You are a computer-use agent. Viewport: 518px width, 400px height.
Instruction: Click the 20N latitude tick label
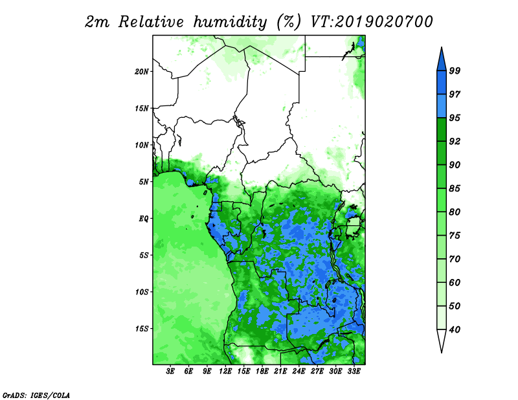click(x=142, y=72)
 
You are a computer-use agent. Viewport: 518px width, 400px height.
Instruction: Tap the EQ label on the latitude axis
click(x=143, y=219)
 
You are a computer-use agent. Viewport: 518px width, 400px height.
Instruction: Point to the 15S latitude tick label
click(x=142, y=329)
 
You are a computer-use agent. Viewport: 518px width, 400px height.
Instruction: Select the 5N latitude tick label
click(x=144, y=182)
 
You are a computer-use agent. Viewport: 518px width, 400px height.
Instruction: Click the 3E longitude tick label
click(x=170, y=372)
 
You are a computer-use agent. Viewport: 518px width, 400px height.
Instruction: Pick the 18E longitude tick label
click(x=262, y=372)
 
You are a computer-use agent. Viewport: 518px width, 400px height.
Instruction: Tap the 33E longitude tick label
click(x=354, y=372)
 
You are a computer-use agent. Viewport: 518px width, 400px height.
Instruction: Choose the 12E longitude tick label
click(x=225, y=372)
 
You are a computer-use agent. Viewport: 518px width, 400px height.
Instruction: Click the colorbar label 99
click(x=455, y=71)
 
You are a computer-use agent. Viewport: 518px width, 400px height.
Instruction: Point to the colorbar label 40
click(x=455, y=329)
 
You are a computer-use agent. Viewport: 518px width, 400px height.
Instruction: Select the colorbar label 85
click(x=455, y=188)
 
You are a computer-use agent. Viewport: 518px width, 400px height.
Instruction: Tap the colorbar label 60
click(x=455, y=283)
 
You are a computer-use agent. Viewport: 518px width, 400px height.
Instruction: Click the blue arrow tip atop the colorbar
click(x=442, y=47)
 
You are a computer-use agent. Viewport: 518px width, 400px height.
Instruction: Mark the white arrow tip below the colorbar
click(x=442, y=352)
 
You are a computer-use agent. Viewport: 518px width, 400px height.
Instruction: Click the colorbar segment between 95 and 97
click(x=442, y=106)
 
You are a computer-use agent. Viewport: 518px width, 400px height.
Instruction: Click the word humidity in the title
click(x=230, y=22)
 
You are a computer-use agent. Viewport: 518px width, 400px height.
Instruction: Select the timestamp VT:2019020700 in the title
click(x=371, y=22)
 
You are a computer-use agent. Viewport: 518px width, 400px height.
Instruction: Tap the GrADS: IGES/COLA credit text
click(x=36, y=395)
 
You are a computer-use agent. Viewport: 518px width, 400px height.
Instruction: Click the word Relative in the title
click(x=151, y=22)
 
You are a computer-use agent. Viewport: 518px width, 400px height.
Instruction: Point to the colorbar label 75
click(x=455, y=236)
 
